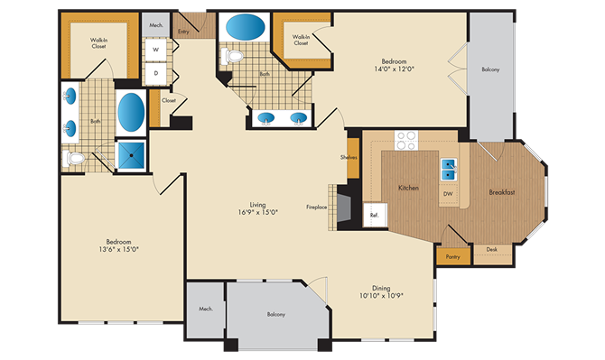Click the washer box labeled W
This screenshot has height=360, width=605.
[156, 50]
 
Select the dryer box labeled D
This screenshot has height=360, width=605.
[156, 73]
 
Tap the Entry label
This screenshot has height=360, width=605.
[183, 32]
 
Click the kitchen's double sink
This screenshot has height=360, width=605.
[449, 170]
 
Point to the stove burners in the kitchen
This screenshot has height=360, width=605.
[406, 140]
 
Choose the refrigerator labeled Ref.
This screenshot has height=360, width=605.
[375, 215]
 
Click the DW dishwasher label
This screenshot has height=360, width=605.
[448, 194]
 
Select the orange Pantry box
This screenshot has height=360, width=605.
[453, 256]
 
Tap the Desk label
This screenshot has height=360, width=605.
[491, 249]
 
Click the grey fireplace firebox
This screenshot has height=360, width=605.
[344, 208]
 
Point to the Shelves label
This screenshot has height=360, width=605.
[349, 157]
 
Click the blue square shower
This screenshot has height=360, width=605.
[131, 155]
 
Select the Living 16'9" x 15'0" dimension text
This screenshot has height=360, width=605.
[258, 212]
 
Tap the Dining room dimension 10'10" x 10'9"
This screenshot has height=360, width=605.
[381, 296]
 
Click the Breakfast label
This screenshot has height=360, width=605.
[501, 192]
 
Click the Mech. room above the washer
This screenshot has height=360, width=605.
[156, 24]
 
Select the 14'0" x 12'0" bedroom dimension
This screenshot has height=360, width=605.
[394, 69]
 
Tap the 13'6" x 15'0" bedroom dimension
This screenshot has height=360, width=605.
[118, 249]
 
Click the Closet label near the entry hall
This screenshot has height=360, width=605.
[169, 100]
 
